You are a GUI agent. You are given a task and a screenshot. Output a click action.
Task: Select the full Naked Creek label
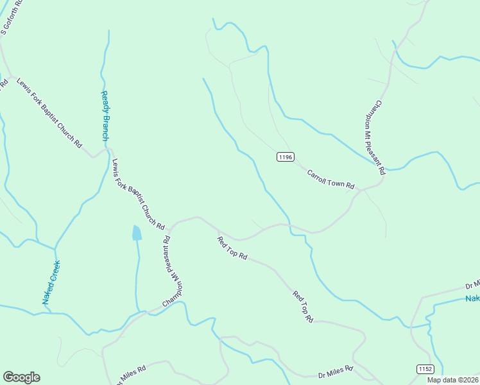[x=51, y=282]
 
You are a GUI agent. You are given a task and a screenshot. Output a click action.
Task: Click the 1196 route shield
[x=286, y=157]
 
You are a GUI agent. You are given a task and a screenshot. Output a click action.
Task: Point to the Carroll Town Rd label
[x=330, y=178]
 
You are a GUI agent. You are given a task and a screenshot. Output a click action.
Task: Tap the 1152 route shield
[x=425, y=369]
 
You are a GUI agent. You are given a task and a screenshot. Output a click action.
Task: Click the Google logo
[x=21, y=377]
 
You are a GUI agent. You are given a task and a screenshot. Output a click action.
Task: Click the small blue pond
[x=137, y=233]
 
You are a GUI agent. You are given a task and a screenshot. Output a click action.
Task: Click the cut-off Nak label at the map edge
[x=472, y=299]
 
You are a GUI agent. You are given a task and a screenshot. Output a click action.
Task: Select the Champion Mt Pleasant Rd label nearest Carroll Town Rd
[x=381, y=138]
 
